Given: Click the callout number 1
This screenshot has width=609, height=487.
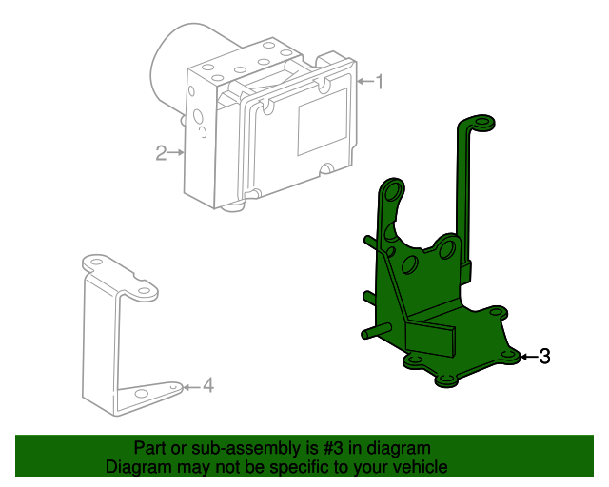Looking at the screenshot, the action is coord(379,82).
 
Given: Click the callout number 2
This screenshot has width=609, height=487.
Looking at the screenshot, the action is coord(161,153).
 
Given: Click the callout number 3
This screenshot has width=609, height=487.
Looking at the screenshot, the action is coord(545,357).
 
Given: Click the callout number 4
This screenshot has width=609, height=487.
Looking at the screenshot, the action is coord(208,385).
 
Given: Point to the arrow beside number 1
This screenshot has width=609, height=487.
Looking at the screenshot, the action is coord(364,81).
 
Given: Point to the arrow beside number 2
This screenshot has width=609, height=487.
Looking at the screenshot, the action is coord(176,152).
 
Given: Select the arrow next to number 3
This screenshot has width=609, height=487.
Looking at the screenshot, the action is coord(529,357).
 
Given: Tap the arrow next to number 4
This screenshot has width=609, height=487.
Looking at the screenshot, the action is coord(192,387).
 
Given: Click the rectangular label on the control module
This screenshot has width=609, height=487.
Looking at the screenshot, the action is coord(322,122).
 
